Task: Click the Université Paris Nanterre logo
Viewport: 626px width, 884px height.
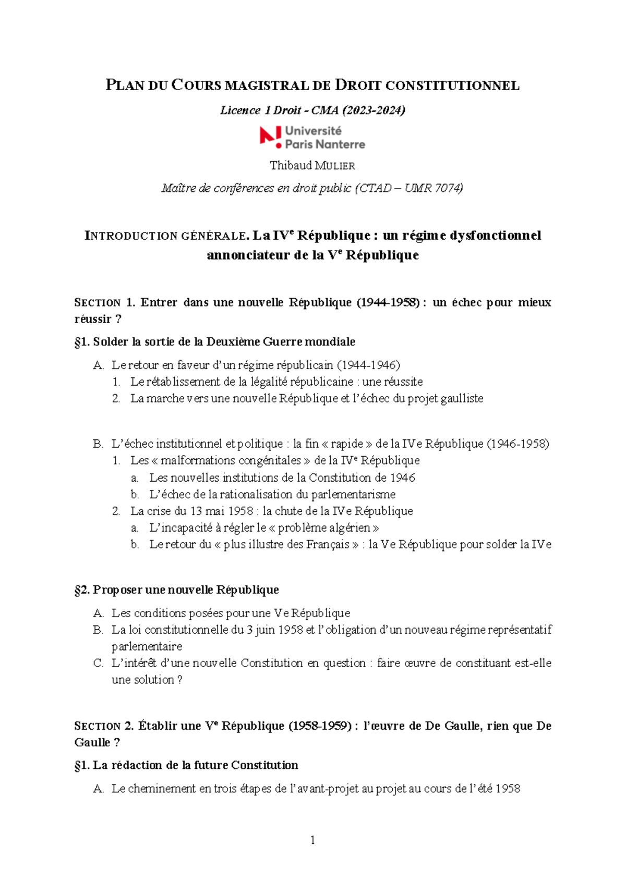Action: point(312,138)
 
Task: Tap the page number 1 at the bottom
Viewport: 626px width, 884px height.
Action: point(312,840)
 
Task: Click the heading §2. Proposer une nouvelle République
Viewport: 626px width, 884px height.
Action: point(177,590)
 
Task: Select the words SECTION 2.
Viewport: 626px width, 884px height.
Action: point(104,726)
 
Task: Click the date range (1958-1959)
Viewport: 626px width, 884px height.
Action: point(320,726)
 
